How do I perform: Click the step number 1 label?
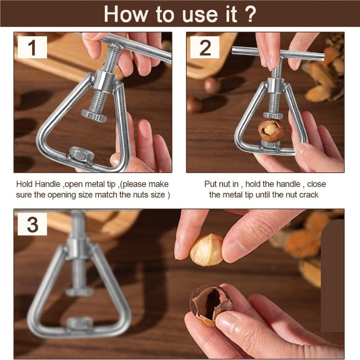pyautogui.click(x=32, y=48)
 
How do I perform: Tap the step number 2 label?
pyautogui.click(x=205, y=48)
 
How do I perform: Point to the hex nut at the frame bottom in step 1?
pyautogui.click(x=81, y=155)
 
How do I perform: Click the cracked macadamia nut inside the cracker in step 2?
pyautogui.click(x=271, y=130)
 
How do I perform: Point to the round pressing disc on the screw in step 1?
pyautogui.click(x=94, y=116)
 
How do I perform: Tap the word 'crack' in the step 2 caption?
pyautogui.click(x=309, y=195)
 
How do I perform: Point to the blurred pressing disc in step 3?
pyautogui.click(x=79, y=291)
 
